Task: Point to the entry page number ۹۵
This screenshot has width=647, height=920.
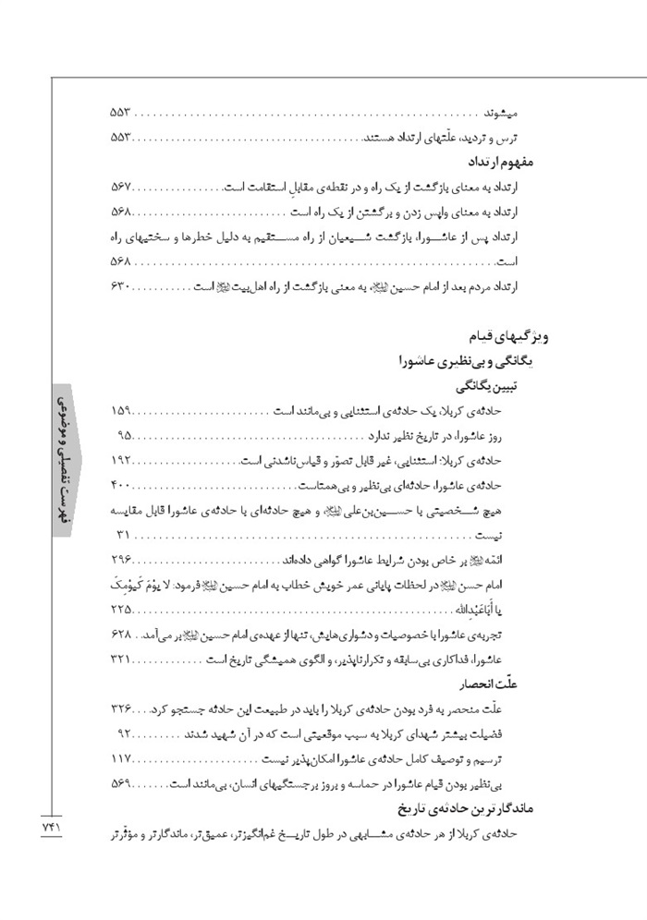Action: tap(127, 434)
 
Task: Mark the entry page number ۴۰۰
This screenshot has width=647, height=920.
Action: tap(122, 484)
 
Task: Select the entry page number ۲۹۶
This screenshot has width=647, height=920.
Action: tap(122, 559)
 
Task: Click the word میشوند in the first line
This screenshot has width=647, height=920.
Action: tap(502, 114)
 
